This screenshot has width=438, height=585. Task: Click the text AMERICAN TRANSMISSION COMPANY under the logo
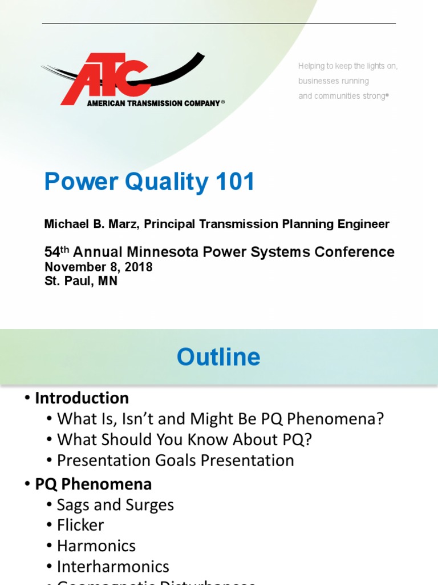[153, 103]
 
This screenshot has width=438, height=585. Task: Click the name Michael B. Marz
[91, 224]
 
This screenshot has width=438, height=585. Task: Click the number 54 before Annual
[52, 253]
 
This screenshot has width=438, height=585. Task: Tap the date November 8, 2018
[98, 267]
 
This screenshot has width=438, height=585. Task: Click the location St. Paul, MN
[80, 281]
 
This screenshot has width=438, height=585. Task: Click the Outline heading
[218, 358]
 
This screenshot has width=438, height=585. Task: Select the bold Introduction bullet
[82, 398]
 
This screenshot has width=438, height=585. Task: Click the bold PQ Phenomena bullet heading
[93, 484]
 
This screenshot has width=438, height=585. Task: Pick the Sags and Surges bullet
[115, 505]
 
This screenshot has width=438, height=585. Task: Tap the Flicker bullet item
[80, 526]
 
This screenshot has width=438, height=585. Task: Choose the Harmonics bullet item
[96, 546]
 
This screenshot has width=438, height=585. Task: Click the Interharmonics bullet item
[113, 567]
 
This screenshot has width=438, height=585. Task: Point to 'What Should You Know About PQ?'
[184, 440]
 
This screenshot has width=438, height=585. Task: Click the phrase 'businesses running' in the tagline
[333, 81]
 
